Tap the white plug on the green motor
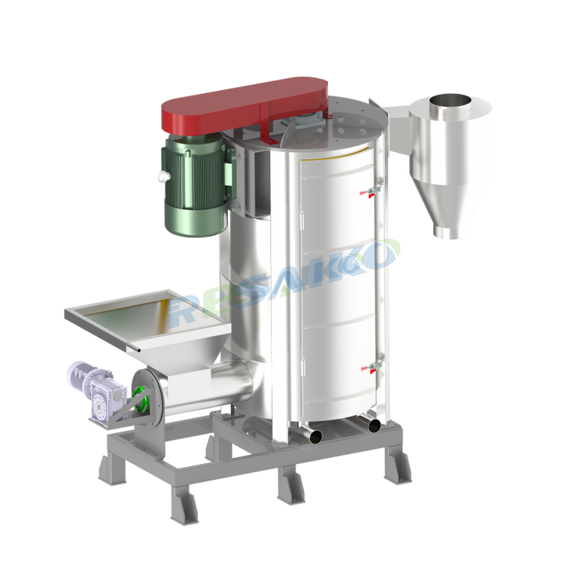[x=163, y=176]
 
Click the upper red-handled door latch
[x=371, y=191]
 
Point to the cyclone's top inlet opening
[x=450, y=101]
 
